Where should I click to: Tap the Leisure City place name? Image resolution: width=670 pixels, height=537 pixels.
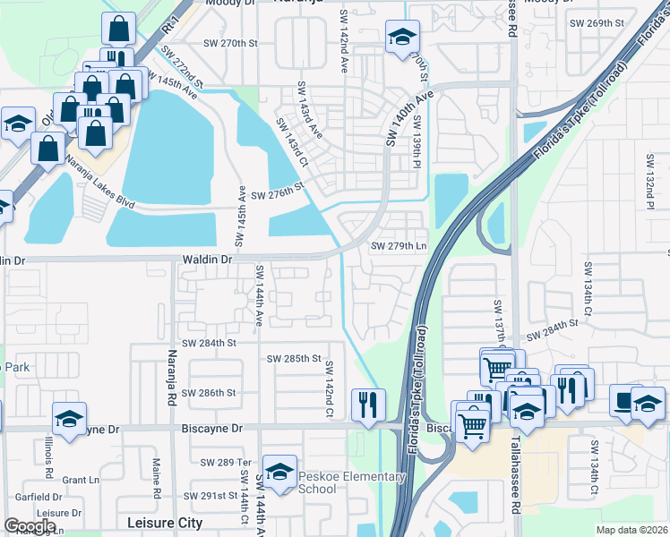click(x=168, y=521)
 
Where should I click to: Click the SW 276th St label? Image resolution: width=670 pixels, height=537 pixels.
click(x=279, y=195)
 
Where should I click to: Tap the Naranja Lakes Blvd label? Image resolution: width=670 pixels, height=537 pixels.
click(x=100, y=183)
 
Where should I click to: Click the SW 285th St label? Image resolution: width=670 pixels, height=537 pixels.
click(x=294, y=359)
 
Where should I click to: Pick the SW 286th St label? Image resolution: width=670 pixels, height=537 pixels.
click(x=209, y=392)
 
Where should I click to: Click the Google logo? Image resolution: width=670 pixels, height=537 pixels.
click(x=30, y=526)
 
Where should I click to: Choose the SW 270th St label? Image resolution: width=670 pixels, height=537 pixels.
click(x=230, y=43)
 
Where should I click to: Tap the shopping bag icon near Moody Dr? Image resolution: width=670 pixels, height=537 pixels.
click(x=118, y=29)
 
